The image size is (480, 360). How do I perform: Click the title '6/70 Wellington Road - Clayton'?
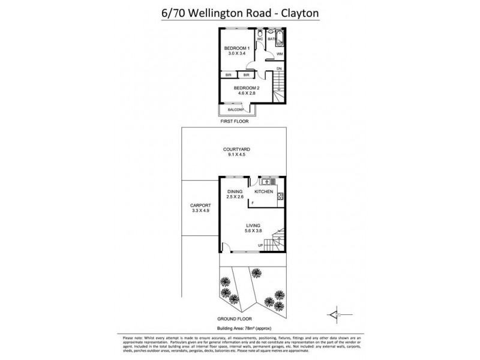239,12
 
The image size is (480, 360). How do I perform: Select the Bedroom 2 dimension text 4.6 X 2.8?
246,94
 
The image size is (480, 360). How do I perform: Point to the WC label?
260,40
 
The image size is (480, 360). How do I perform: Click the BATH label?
271,40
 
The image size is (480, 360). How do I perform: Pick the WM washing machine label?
279,55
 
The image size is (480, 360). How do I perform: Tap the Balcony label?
235,110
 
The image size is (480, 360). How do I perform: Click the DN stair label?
279,69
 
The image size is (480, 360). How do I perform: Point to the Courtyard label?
236,149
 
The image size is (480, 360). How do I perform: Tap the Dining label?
235,191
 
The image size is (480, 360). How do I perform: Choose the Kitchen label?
264,191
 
